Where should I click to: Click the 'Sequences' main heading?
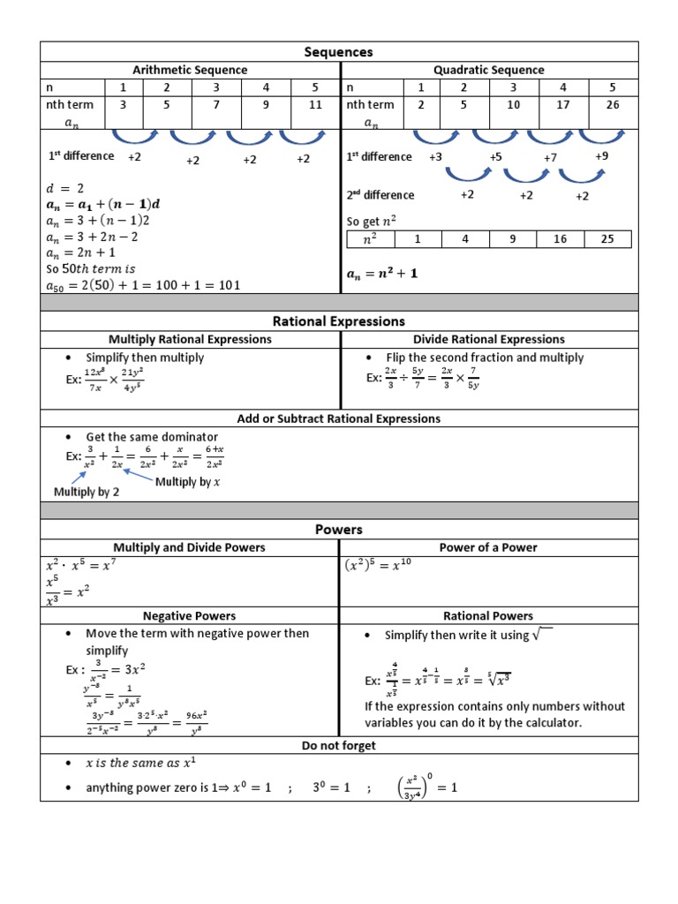[x=339, y=52]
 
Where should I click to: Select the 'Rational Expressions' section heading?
[x=339, y=321]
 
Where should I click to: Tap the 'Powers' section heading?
[x=339, y=530]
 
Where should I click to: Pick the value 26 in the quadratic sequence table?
[x=613, y=104]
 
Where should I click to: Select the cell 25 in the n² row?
[x=607, y=239]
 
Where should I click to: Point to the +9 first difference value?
[x=601, y=156]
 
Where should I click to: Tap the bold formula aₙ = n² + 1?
[x=381, y=274]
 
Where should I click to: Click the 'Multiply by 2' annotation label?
[x=87, y=492]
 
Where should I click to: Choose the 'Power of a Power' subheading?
[x=488, y=547]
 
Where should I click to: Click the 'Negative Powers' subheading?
[x=189, y=615]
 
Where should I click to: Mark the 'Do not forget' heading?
[x=339, y=746]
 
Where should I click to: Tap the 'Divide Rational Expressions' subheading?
[x=488, y=339]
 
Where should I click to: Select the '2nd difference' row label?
[x=380, y=195]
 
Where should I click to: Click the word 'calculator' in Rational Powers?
[x=548, y=722]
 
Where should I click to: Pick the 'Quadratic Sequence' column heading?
[x=488, y=70]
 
